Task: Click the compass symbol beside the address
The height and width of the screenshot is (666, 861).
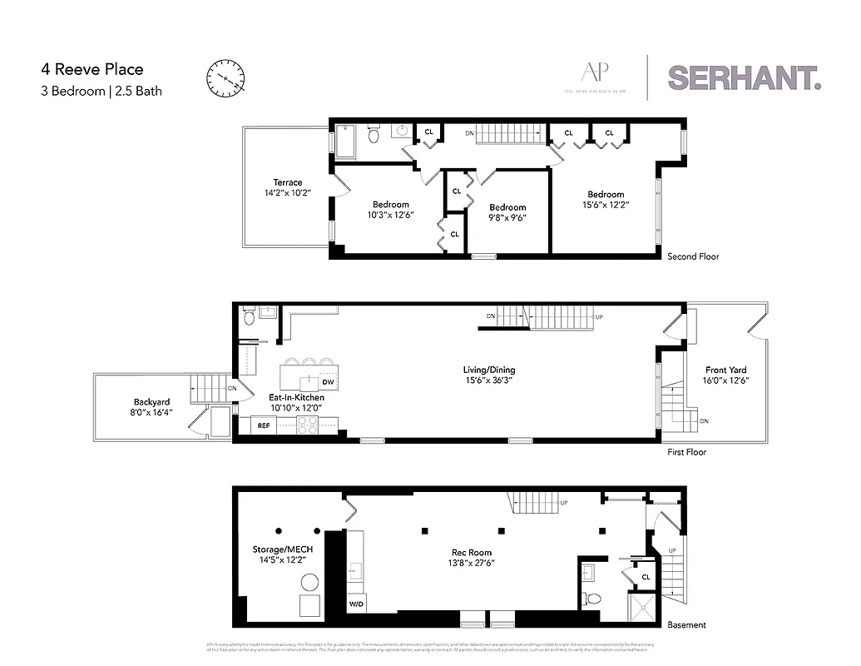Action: click(225, 77)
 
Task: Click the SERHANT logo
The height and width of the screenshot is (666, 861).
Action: click(745, 77)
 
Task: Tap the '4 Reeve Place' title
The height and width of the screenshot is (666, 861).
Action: click(92, 70)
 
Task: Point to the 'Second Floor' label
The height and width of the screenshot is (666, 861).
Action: click(693, 256)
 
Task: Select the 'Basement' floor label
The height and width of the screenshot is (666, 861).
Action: click(686, 624)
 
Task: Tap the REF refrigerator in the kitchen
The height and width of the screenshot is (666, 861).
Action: click(264, 425)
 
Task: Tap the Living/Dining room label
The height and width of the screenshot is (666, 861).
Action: click(486, 370)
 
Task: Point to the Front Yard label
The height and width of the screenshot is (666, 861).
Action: click(725, 370)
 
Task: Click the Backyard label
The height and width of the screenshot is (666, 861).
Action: click(151, 401)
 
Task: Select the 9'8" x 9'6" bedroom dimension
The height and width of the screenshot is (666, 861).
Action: click(507, 218)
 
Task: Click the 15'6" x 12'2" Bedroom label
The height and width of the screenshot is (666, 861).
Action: click(605, 195)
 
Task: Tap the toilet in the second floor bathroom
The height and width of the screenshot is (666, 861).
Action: click(374, 135)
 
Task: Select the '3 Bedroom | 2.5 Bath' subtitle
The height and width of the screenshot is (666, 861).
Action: click(101, 91)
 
